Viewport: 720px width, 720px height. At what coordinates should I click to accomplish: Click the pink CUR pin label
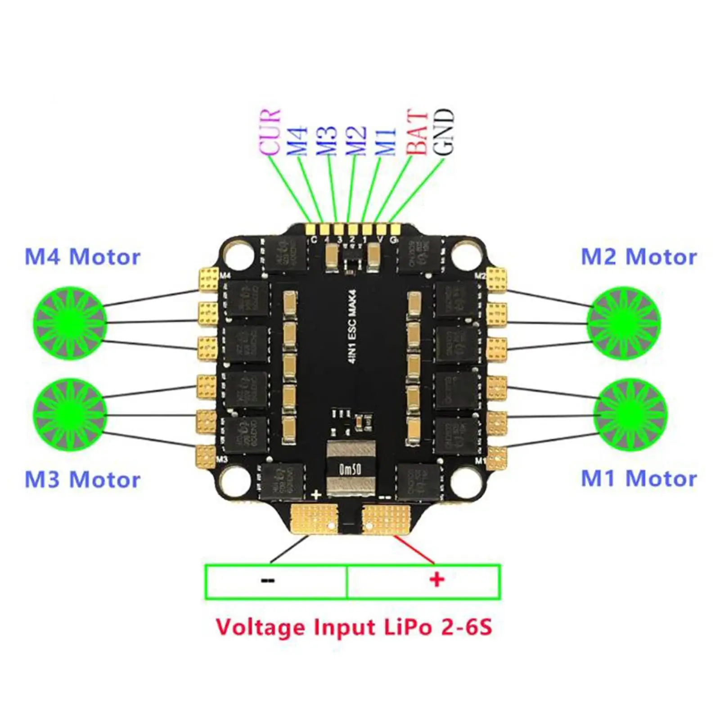point(270,133)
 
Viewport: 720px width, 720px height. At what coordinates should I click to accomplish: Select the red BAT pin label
point(417,133)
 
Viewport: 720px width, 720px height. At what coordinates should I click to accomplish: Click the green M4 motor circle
point(70,322)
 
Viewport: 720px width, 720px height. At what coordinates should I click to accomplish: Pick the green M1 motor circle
point(630,414)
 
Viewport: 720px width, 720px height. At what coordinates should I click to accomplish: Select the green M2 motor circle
point(623,322)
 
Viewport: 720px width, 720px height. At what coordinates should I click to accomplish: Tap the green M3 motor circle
point(70,414)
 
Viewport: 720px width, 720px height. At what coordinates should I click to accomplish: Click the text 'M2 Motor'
point(639,257)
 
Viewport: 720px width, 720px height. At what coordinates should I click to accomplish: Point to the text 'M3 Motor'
point(82,479)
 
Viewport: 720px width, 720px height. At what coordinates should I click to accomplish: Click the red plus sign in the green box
point(436,580)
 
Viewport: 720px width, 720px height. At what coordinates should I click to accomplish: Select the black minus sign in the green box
point(267,580)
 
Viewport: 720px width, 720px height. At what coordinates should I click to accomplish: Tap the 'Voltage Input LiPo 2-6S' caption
point(354,627)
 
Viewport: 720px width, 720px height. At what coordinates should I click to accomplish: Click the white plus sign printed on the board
point(316,495)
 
